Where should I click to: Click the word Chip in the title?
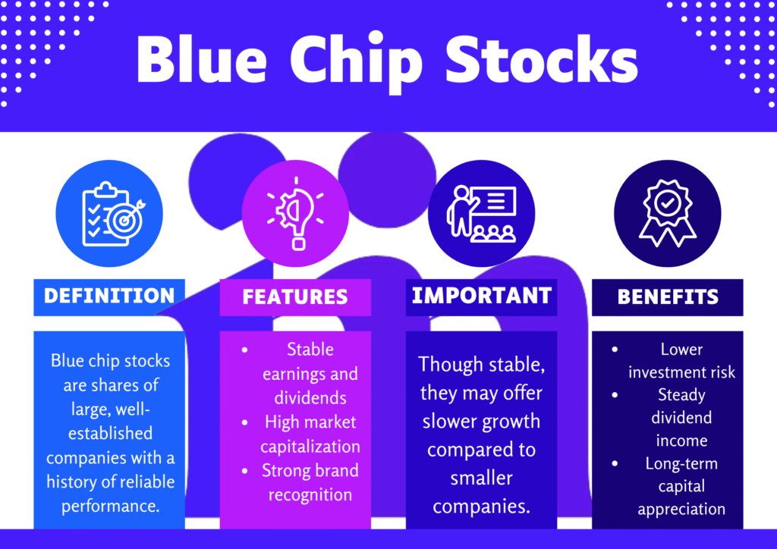(x=356, y=61)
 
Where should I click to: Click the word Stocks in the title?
(x=542, y=59)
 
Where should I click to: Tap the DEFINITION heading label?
(x=109, y=296)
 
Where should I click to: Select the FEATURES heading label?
(x=295, y=297)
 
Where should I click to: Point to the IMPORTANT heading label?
(x=482, y=296)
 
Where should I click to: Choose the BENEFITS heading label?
(x=668, y=297)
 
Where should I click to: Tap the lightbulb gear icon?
(x=296, y=213)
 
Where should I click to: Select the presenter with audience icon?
(x=482, y=214)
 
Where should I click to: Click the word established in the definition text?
(x=111, y=433)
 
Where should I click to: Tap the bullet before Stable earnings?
(x=245, y=350)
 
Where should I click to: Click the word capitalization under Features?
(x=310, y=447)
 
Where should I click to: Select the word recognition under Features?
(x=310, y=495)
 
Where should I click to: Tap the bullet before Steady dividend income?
(x=615, y=395)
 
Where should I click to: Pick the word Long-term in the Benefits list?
(x=681, y=464)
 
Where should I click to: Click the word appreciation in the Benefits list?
(x=681, y=510)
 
